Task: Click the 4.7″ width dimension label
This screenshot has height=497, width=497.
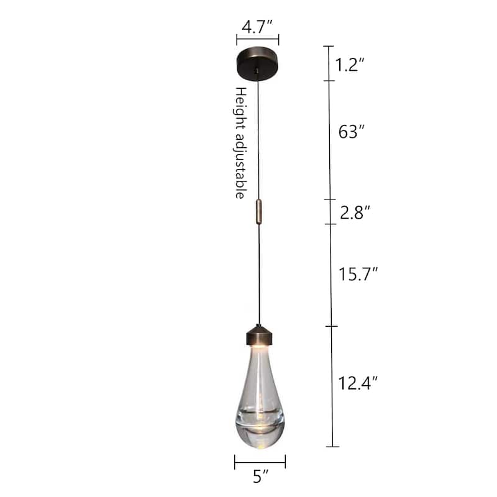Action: click(x=257, y=27)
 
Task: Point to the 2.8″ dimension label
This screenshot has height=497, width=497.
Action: click(x=355, y=213)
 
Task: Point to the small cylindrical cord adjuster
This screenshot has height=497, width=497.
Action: click(x=259, y=211)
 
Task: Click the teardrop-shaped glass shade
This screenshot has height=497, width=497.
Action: click(x=260, y=385)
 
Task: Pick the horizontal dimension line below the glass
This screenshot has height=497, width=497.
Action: click(x=260, y=461)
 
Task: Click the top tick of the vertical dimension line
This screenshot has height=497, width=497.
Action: click(x=329, y=47)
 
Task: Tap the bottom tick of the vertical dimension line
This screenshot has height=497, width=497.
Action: click(x=332, y=446)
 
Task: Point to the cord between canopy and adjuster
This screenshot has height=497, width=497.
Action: click(x=258, y=137)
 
